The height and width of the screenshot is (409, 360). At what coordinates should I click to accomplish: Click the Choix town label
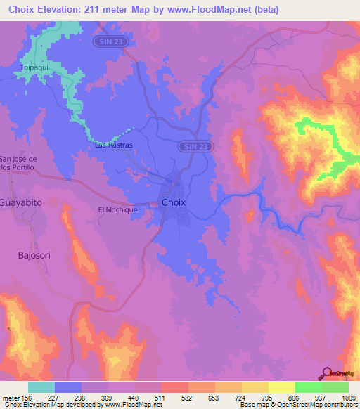pos(174,202)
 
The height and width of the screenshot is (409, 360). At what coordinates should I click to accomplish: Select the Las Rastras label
pos(113,145)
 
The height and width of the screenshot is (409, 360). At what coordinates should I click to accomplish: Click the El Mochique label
pos(115,209)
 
